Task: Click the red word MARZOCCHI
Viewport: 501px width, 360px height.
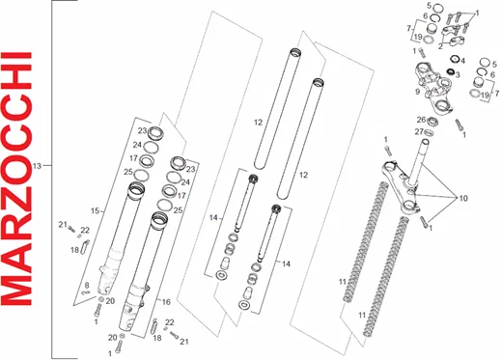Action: (16, 179)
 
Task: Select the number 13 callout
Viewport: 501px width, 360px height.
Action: (38, 166)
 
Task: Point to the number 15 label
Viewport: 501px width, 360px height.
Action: (95, 211)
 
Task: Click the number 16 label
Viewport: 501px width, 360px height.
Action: (166, 302)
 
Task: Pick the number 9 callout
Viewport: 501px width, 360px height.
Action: (417, 92)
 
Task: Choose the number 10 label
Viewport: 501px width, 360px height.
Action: (463, 198)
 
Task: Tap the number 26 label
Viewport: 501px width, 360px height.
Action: (422, 120)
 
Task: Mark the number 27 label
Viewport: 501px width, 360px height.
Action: (419, 132)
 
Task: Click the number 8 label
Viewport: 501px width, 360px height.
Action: (87, 285)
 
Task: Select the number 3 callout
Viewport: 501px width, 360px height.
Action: (458, 75)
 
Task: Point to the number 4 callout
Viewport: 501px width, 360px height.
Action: (462, 61)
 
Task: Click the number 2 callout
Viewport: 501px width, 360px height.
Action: (440, 46)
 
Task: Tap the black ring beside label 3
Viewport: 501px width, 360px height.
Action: (450, 71)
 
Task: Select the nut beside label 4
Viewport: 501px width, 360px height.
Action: (455, 59)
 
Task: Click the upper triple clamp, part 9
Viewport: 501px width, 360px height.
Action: (434, 87)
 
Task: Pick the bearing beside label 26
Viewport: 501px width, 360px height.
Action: (432, 122)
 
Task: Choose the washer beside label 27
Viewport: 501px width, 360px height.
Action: (429, 132)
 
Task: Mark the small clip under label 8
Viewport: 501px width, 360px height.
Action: (86, 292)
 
